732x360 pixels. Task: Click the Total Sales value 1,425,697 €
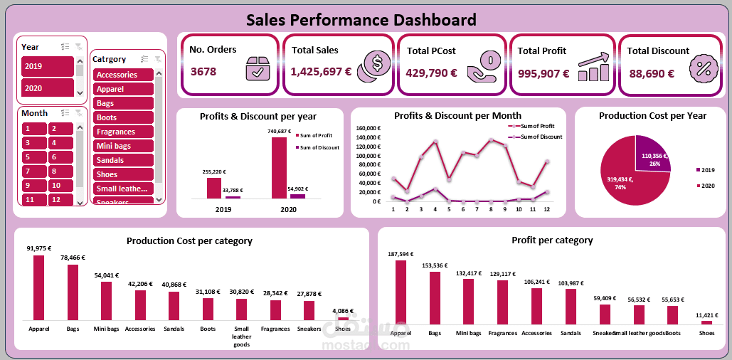[322, 73]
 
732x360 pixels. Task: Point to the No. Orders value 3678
[203, 72]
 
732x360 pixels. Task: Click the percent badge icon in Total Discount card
[704, 68]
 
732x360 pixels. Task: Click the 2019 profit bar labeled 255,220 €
[214, 188]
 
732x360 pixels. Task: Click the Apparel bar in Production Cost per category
[38, 287]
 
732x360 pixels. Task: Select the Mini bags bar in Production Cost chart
[106, 300]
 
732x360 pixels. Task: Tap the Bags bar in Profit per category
[435, 298]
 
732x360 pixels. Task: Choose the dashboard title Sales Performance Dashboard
[361, 19]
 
